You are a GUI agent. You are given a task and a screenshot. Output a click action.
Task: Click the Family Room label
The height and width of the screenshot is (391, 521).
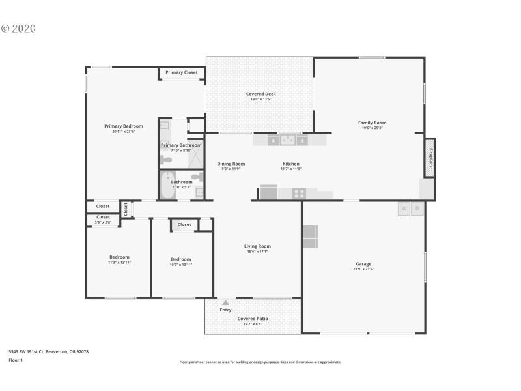pos(372,123)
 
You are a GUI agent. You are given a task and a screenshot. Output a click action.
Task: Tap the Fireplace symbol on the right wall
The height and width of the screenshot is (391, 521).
pos(430,157)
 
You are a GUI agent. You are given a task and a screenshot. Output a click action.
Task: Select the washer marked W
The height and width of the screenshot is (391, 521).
pos(404,209)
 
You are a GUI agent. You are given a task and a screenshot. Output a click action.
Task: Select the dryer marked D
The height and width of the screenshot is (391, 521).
pos(418,209)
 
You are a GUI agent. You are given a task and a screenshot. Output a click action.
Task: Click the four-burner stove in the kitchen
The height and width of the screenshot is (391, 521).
pos(299,193)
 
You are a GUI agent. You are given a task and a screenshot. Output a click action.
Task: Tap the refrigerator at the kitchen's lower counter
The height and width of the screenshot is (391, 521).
pos(269,192)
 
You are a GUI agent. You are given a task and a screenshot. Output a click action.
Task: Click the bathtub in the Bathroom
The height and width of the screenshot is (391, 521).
pos(167,184)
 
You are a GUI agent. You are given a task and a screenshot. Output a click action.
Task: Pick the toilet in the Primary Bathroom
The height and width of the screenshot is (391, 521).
pos(167,160)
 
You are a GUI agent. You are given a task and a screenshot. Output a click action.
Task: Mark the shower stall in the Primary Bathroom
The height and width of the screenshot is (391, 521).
pos(195,156)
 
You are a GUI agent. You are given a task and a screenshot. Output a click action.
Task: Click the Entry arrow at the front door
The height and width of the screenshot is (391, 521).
pos(225,302)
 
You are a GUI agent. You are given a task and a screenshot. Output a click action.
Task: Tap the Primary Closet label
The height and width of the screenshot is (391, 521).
pos(181,72)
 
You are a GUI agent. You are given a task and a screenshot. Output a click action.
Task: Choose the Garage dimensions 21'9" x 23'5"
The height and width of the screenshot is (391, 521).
pos(363,269)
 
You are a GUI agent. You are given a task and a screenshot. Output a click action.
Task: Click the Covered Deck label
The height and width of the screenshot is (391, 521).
pos(260,94)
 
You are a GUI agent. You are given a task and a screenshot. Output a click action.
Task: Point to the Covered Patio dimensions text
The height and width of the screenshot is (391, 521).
pos(252,324)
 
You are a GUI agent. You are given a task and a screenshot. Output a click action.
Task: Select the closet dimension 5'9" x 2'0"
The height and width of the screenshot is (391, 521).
pos(103,222)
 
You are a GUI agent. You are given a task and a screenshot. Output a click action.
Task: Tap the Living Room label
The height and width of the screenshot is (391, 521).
pos(257,246)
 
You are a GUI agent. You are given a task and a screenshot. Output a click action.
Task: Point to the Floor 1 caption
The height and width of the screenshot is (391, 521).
pos(16,360)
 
